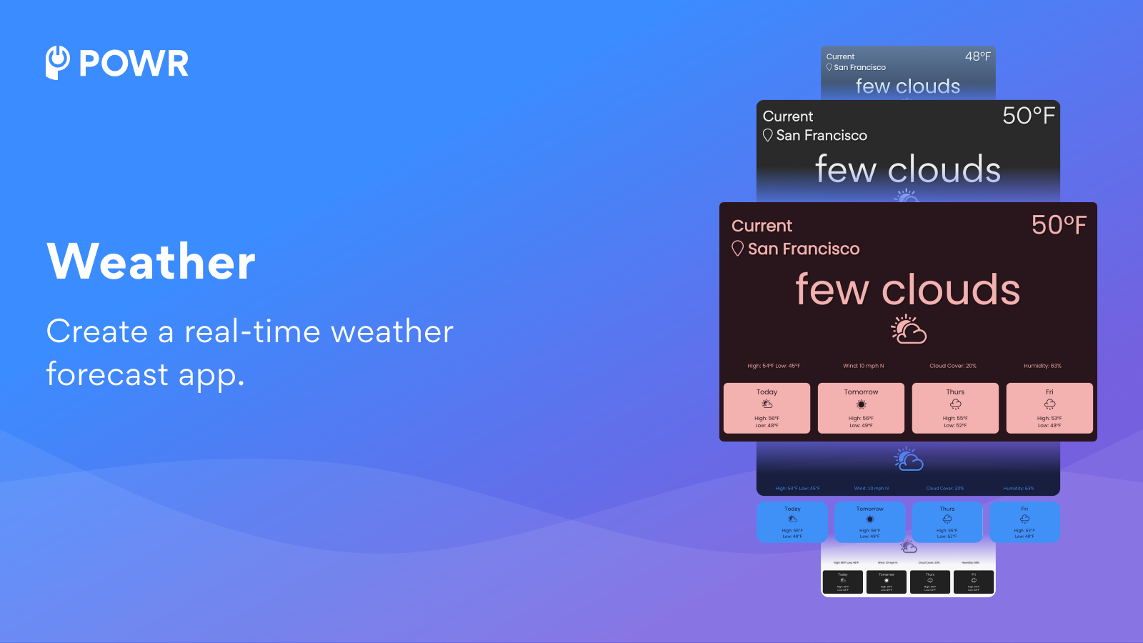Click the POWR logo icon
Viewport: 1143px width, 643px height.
[x=58, y=63]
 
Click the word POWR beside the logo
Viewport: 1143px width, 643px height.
[x=134, y=64]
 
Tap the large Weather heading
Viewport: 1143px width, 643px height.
[x=151, y=261]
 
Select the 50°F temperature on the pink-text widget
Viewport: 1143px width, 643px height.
[x=1059, y=226]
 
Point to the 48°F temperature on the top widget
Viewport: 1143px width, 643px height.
[x=977, y=56]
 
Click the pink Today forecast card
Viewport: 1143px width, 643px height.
[x=767, y=408]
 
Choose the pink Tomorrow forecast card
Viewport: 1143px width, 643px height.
[x=861, y=408]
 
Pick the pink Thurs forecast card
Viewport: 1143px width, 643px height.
[x=955, y=408]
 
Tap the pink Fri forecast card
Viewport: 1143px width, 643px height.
[x=1049, y=408]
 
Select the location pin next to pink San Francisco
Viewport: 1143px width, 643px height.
[x=738, y=249]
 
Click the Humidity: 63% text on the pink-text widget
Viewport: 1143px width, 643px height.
[x=1042, y=366]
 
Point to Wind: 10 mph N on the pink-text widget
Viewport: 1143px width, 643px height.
[x=863, y=366]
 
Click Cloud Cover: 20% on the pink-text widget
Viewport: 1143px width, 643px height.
[x=953, y=366]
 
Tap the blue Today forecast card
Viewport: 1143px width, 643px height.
[x=792, y=522]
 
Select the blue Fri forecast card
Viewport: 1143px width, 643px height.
[x=1024, y=522]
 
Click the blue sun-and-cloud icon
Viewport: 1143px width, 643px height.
[x=909, y=459]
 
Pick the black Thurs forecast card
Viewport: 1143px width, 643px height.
[x=930, y=582]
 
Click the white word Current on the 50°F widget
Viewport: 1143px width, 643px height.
[x=788, y=116]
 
